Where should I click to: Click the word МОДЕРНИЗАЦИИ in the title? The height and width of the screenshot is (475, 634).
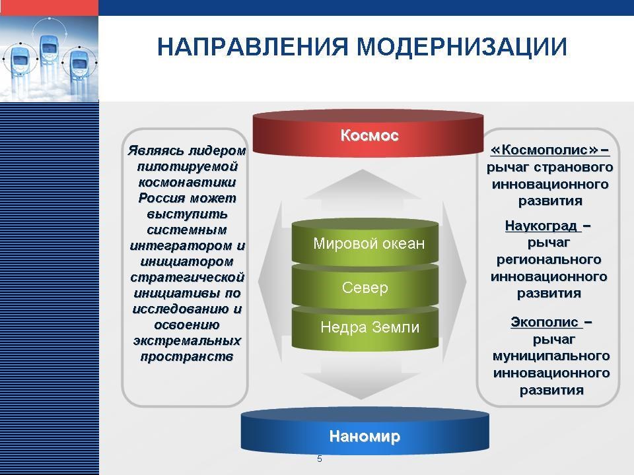462,47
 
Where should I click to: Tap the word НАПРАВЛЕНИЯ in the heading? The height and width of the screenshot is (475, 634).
253,46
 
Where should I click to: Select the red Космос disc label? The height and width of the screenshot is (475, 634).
369,135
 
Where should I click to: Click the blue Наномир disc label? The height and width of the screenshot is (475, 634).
365,436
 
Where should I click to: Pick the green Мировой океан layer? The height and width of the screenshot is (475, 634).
365,243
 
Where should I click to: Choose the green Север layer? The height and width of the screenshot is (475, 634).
365,287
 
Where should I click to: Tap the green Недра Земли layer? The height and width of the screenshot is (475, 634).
365,328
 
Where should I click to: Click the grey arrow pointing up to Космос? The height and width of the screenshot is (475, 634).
363,190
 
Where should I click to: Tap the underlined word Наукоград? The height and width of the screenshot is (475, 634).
541,226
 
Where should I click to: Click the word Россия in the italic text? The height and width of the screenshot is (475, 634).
162,198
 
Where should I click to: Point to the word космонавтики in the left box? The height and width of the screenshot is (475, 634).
187,183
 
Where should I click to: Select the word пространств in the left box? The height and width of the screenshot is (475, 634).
187,357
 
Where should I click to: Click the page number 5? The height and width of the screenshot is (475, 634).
320,459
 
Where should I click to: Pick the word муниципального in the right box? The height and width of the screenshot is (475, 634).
551,356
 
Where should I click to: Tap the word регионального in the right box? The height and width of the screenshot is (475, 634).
549,260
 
